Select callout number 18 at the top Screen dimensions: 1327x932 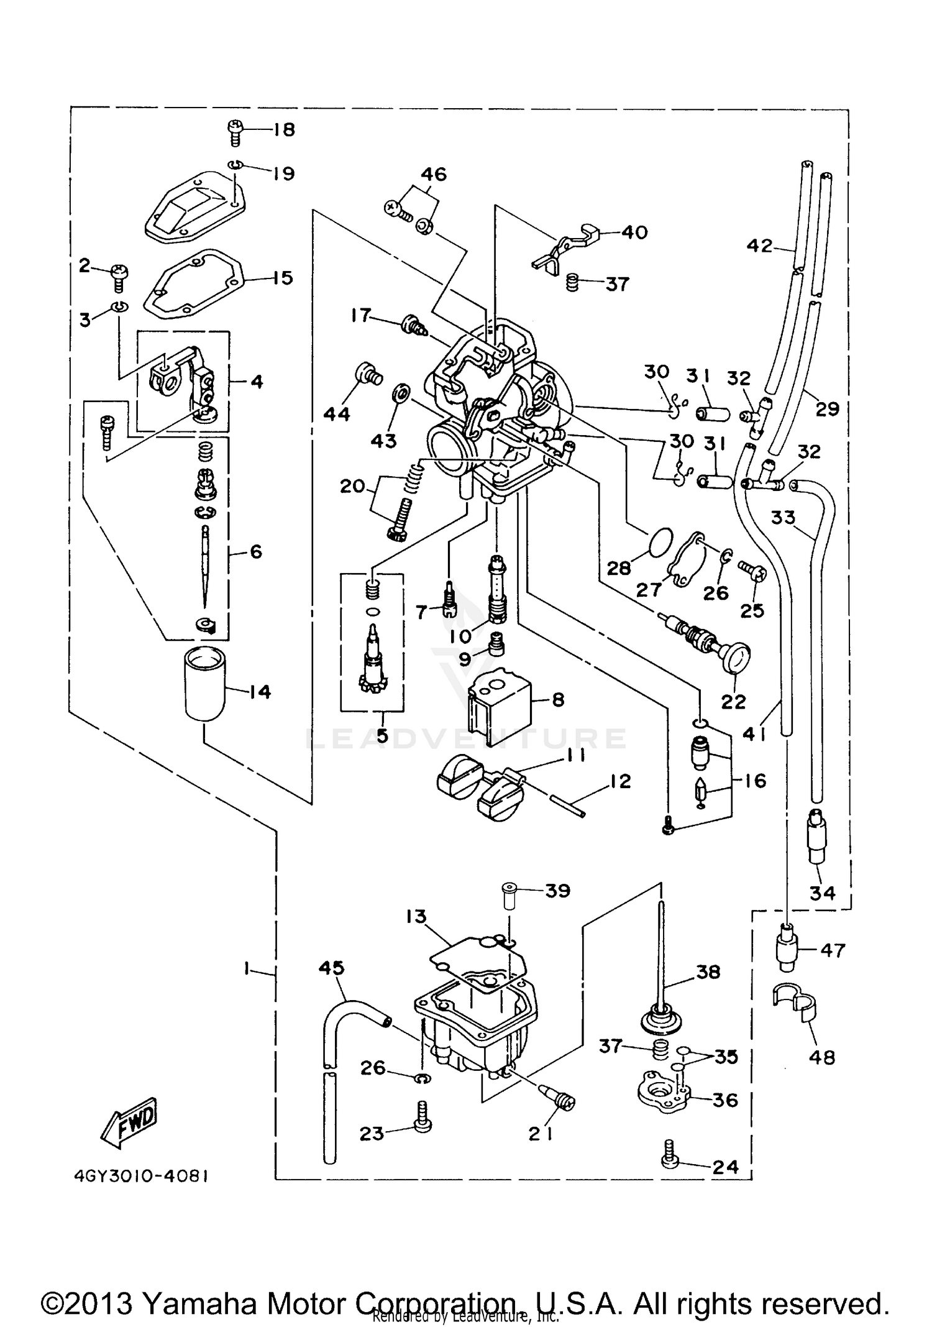pyautogui.click(x=283, y=129)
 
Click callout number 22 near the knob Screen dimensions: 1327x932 pyautogui.click(x=733, y=701)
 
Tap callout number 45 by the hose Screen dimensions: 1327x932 pyautogui.click(x=332, y=968)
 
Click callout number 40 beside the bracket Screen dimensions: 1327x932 pyautogui.click(x=634, y=232)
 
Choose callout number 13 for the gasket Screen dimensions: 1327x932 pyautogui.click(x=417, y=917)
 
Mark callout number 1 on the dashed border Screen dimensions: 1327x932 pyautogui.click(x=247, y=968)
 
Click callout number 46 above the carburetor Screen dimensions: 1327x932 pyautogui.click(x=434, y=174)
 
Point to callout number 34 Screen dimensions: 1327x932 pyautogui.click(x=822, y=893)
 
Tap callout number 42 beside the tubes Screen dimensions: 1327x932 pyautogui.click(x=759, y=246)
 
